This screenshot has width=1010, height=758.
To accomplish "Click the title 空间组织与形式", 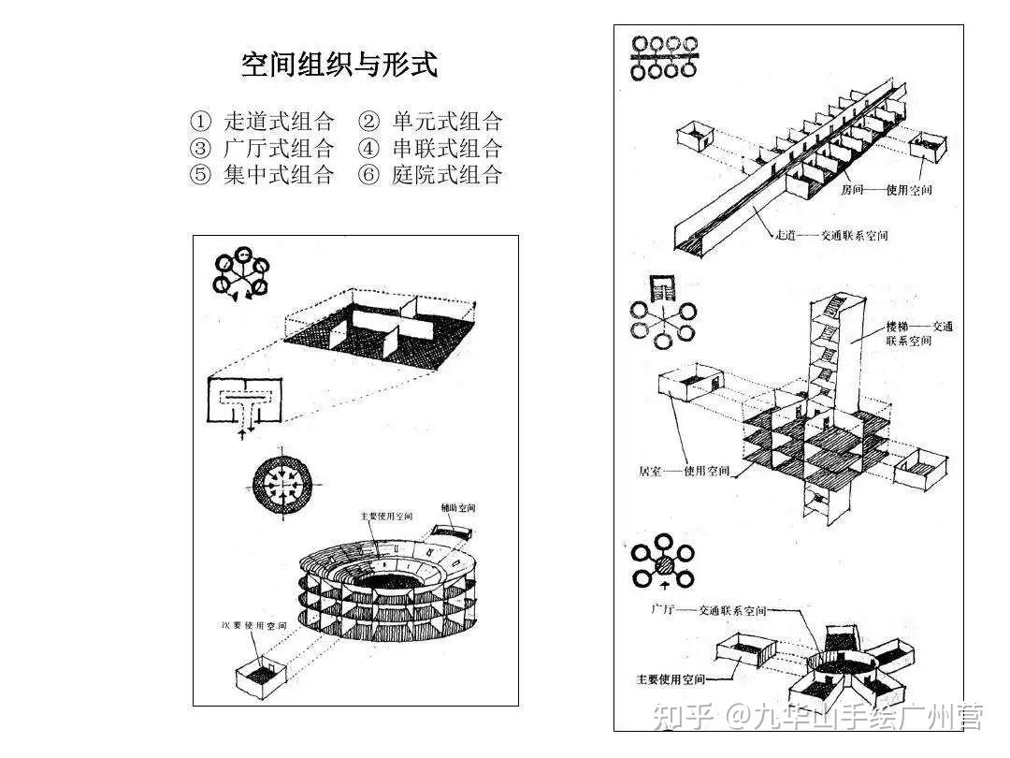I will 339,65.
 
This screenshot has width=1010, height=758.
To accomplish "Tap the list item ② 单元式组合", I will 431,122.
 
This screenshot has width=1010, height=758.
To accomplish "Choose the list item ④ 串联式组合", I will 431,148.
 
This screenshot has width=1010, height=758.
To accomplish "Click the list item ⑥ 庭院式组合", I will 431,175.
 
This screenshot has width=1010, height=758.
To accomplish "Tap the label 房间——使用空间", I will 886,190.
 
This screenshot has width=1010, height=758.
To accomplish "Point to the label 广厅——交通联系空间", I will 708,611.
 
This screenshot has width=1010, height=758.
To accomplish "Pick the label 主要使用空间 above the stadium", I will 386,516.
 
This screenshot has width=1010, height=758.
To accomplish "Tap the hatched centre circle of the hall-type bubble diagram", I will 664,565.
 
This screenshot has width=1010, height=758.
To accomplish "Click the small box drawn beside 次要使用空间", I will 257,675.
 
